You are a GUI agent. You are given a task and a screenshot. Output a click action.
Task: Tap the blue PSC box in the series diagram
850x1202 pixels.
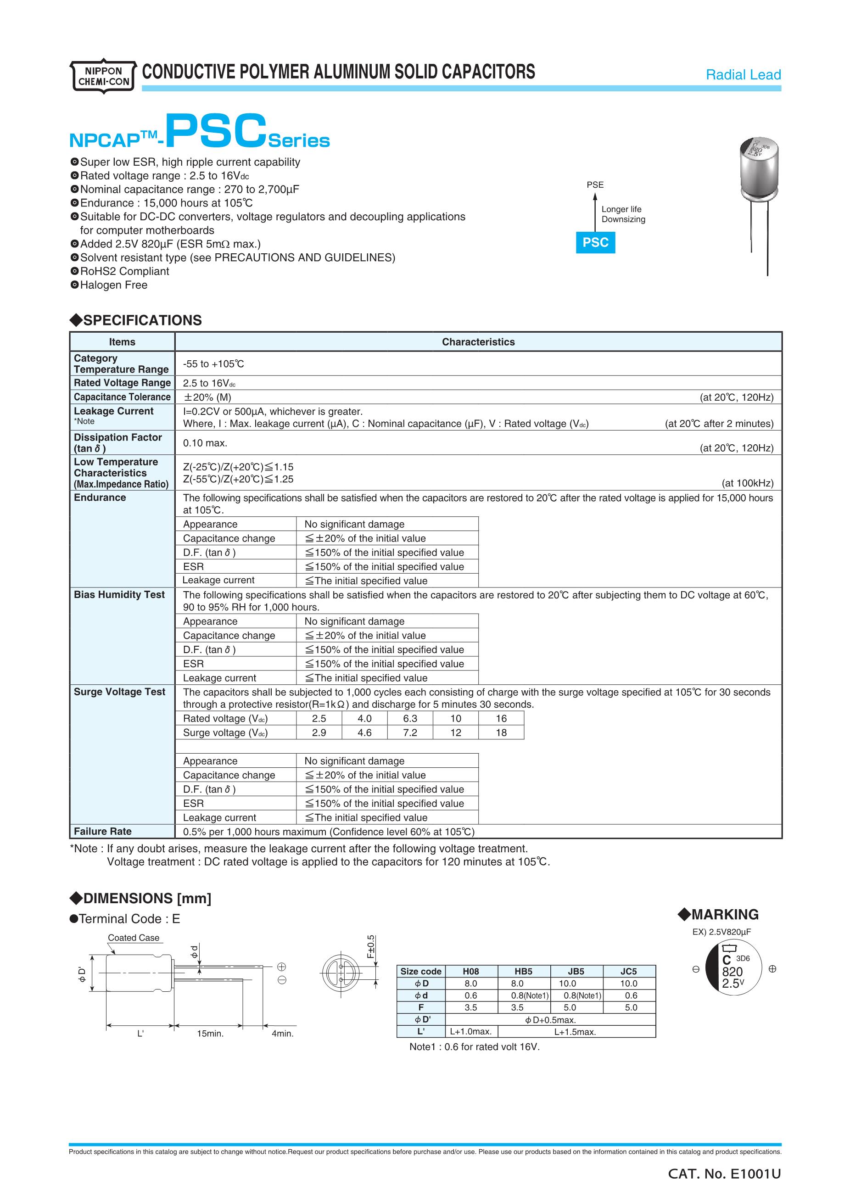click(x=595, y=242)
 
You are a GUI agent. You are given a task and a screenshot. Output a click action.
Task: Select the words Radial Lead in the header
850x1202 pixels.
click(x=743, y=75)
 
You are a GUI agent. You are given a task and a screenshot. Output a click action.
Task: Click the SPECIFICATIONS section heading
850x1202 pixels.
click(x=136, y=320)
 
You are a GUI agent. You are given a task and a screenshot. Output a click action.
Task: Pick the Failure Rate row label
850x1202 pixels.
click(x=103, y=831)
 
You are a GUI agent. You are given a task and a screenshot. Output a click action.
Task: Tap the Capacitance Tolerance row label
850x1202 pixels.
click(x=122, y=397)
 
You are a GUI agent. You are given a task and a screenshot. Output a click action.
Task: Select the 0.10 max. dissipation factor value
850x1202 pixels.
click(x=205, y=443)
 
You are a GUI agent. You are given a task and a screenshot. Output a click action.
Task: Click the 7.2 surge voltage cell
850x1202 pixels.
click(x=410, y=732)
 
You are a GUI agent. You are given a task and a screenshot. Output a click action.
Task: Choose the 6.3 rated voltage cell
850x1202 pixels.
click(x=410, y=718)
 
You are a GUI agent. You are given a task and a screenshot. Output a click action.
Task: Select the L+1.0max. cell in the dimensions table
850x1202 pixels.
click(x=470, y=1032)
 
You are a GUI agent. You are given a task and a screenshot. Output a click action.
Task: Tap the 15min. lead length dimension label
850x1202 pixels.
click(x=210, y=1034)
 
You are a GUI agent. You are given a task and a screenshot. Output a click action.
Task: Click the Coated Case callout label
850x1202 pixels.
click(x=134, y=938)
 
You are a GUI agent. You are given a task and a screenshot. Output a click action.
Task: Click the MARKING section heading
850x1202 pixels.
click(x=718, y=915)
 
